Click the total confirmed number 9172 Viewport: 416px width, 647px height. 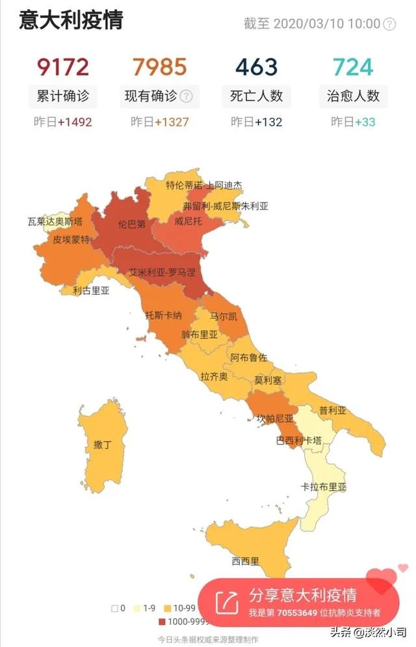[x=62, y=67]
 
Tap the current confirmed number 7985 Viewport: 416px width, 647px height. [x=160, y=67]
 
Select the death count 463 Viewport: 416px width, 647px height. [x=256, y=67]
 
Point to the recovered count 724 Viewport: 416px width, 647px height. [x=353, y=67]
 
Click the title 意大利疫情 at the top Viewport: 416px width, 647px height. [x=71, y=20]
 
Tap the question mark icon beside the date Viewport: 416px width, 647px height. [x=389, y=24]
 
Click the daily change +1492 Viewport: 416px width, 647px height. [x=74, y=122]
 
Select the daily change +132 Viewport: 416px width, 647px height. [x=268, y=122]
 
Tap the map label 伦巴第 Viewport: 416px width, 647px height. [x=132, y=224]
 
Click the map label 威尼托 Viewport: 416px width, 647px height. [x=188, y=221]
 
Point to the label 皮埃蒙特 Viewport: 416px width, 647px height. [x=71, y=240]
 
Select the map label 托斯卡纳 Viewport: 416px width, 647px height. [x=163, y=315]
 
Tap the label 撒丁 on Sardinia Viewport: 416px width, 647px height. [x=103, y=445]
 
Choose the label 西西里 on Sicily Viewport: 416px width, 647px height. [x=246, y=560]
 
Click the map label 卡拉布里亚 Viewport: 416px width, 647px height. [x=324, y=487]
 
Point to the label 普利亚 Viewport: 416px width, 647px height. [x=332, y=411]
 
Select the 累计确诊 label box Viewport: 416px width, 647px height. [x=62, y=96]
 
